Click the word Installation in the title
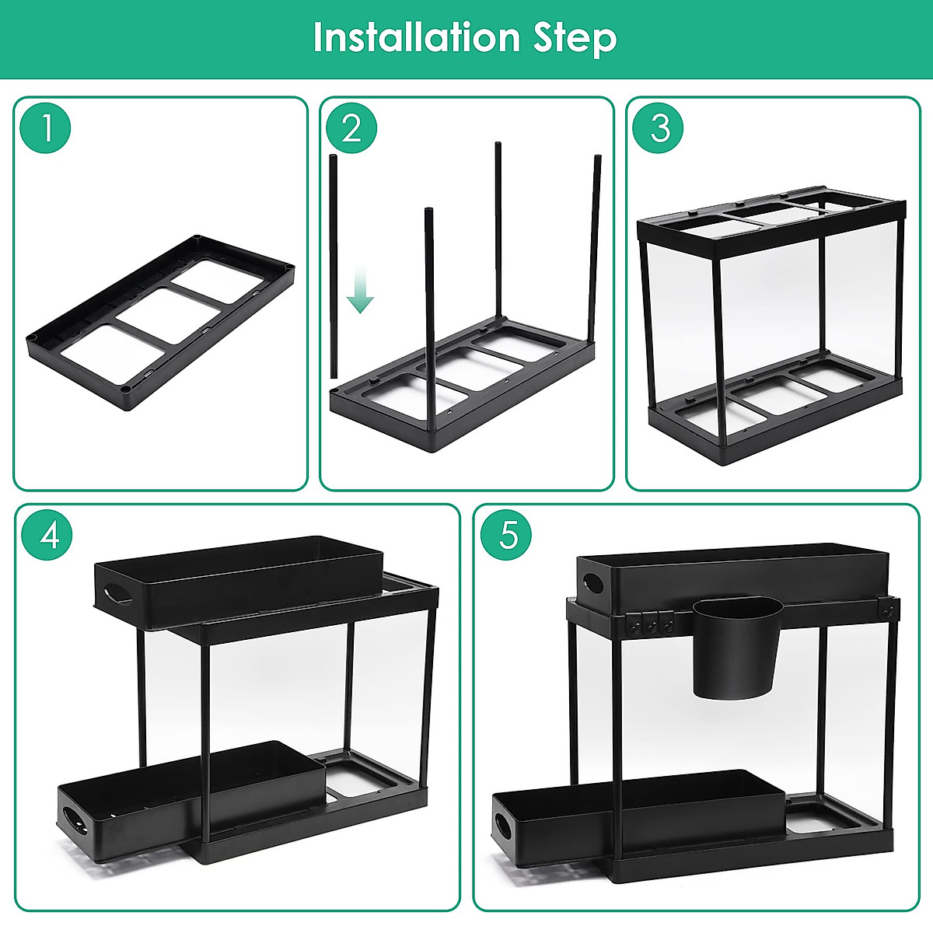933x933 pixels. pyautogui.click(x=416, y=37)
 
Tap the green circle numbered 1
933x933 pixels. pyautogui.click(x=46, y=128)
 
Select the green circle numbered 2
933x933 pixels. pyautogui.click(x=351, y=128)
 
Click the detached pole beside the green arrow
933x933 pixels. pyautogui.click(x=334, y=264)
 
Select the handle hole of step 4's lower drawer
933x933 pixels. pyautogui.click(x=76, y=819)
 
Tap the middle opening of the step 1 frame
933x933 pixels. pyautogui.click(x=169, y=316)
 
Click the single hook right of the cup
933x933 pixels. pyautogui.click(x=886, y=611)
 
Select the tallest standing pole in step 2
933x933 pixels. pyautogui.click(x=498, y=233)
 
